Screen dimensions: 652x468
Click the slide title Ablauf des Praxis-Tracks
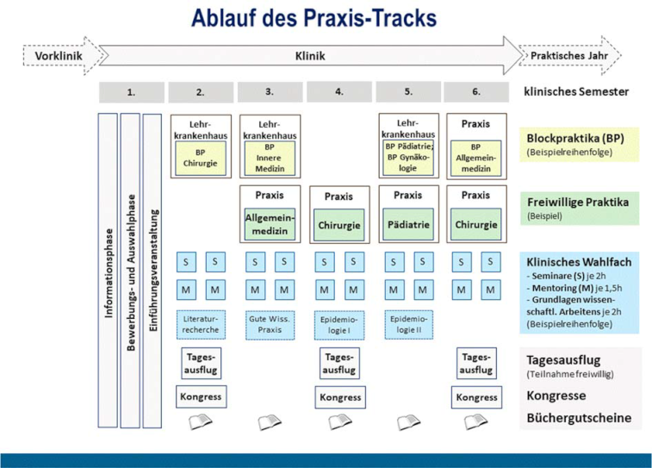(x=314, y=18)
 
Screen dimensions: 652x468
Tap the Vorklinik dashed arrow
(x=59, y=56)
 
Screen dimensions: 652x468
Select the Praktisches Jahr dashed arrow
(x=569, y=55)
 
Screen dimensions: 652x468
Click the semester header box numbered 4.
(x=339, y=92)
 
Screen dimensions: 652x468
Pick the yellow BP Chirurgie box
(x=201, y=158)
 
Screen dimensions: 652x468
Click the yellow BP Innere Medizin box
(x=270, y=158)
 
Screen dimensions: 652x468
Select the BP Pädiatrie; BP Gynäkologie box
(x=408, y=157)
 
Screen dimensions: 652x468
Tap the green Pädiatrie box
(x=408, y=225)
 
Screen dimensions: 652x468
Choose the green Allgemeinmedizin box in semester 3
(x=270, y=225)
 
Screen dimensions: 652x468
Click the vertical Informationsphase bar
(x=108, y=271)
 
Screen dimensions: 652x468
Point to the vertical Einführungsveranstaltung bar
(x=152, y=271)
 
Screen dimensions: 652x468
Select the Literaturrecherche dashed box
(x=201, y=324)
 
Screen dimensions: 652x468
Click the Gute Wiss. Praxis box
(x=270, y=325)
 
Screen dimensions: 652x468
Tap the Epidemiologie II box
(x=409, y=324)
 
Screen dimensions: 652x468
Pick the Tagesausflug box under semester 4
(x=339, y=363)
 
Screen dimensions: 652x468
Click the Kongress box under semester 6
(x=476, y=397)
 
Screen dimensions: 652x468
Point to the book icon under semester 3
(x=270, y=421)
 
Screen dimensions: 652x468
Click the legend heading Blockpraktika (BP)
(x=575, y=138)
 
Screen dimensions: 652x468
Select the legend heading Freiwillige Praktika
(x=578, y=203)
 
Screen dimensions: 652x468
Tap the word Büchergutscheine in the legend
(x=579, y=418)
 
